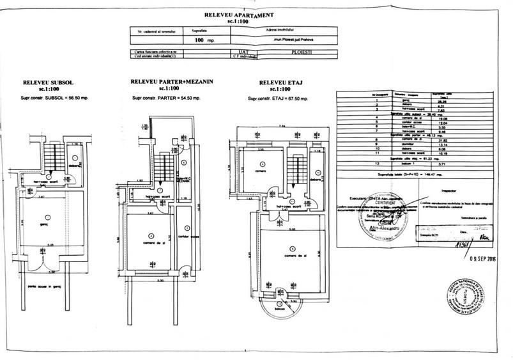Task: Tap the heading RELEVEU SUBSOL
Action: (45, 83)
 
